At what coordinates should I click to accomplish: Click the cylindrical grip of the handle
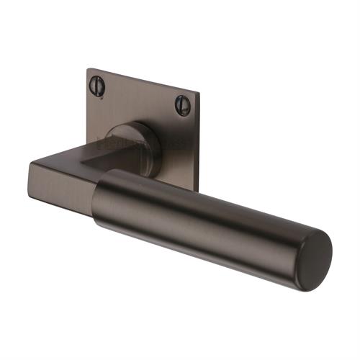point(209,216)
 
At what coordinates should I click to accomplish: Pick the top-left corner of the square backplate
point(89,69)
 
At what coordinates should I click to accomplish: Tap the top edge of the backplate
point(144,80)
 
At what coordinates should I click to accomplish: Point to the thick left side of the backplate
point(84,108)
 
